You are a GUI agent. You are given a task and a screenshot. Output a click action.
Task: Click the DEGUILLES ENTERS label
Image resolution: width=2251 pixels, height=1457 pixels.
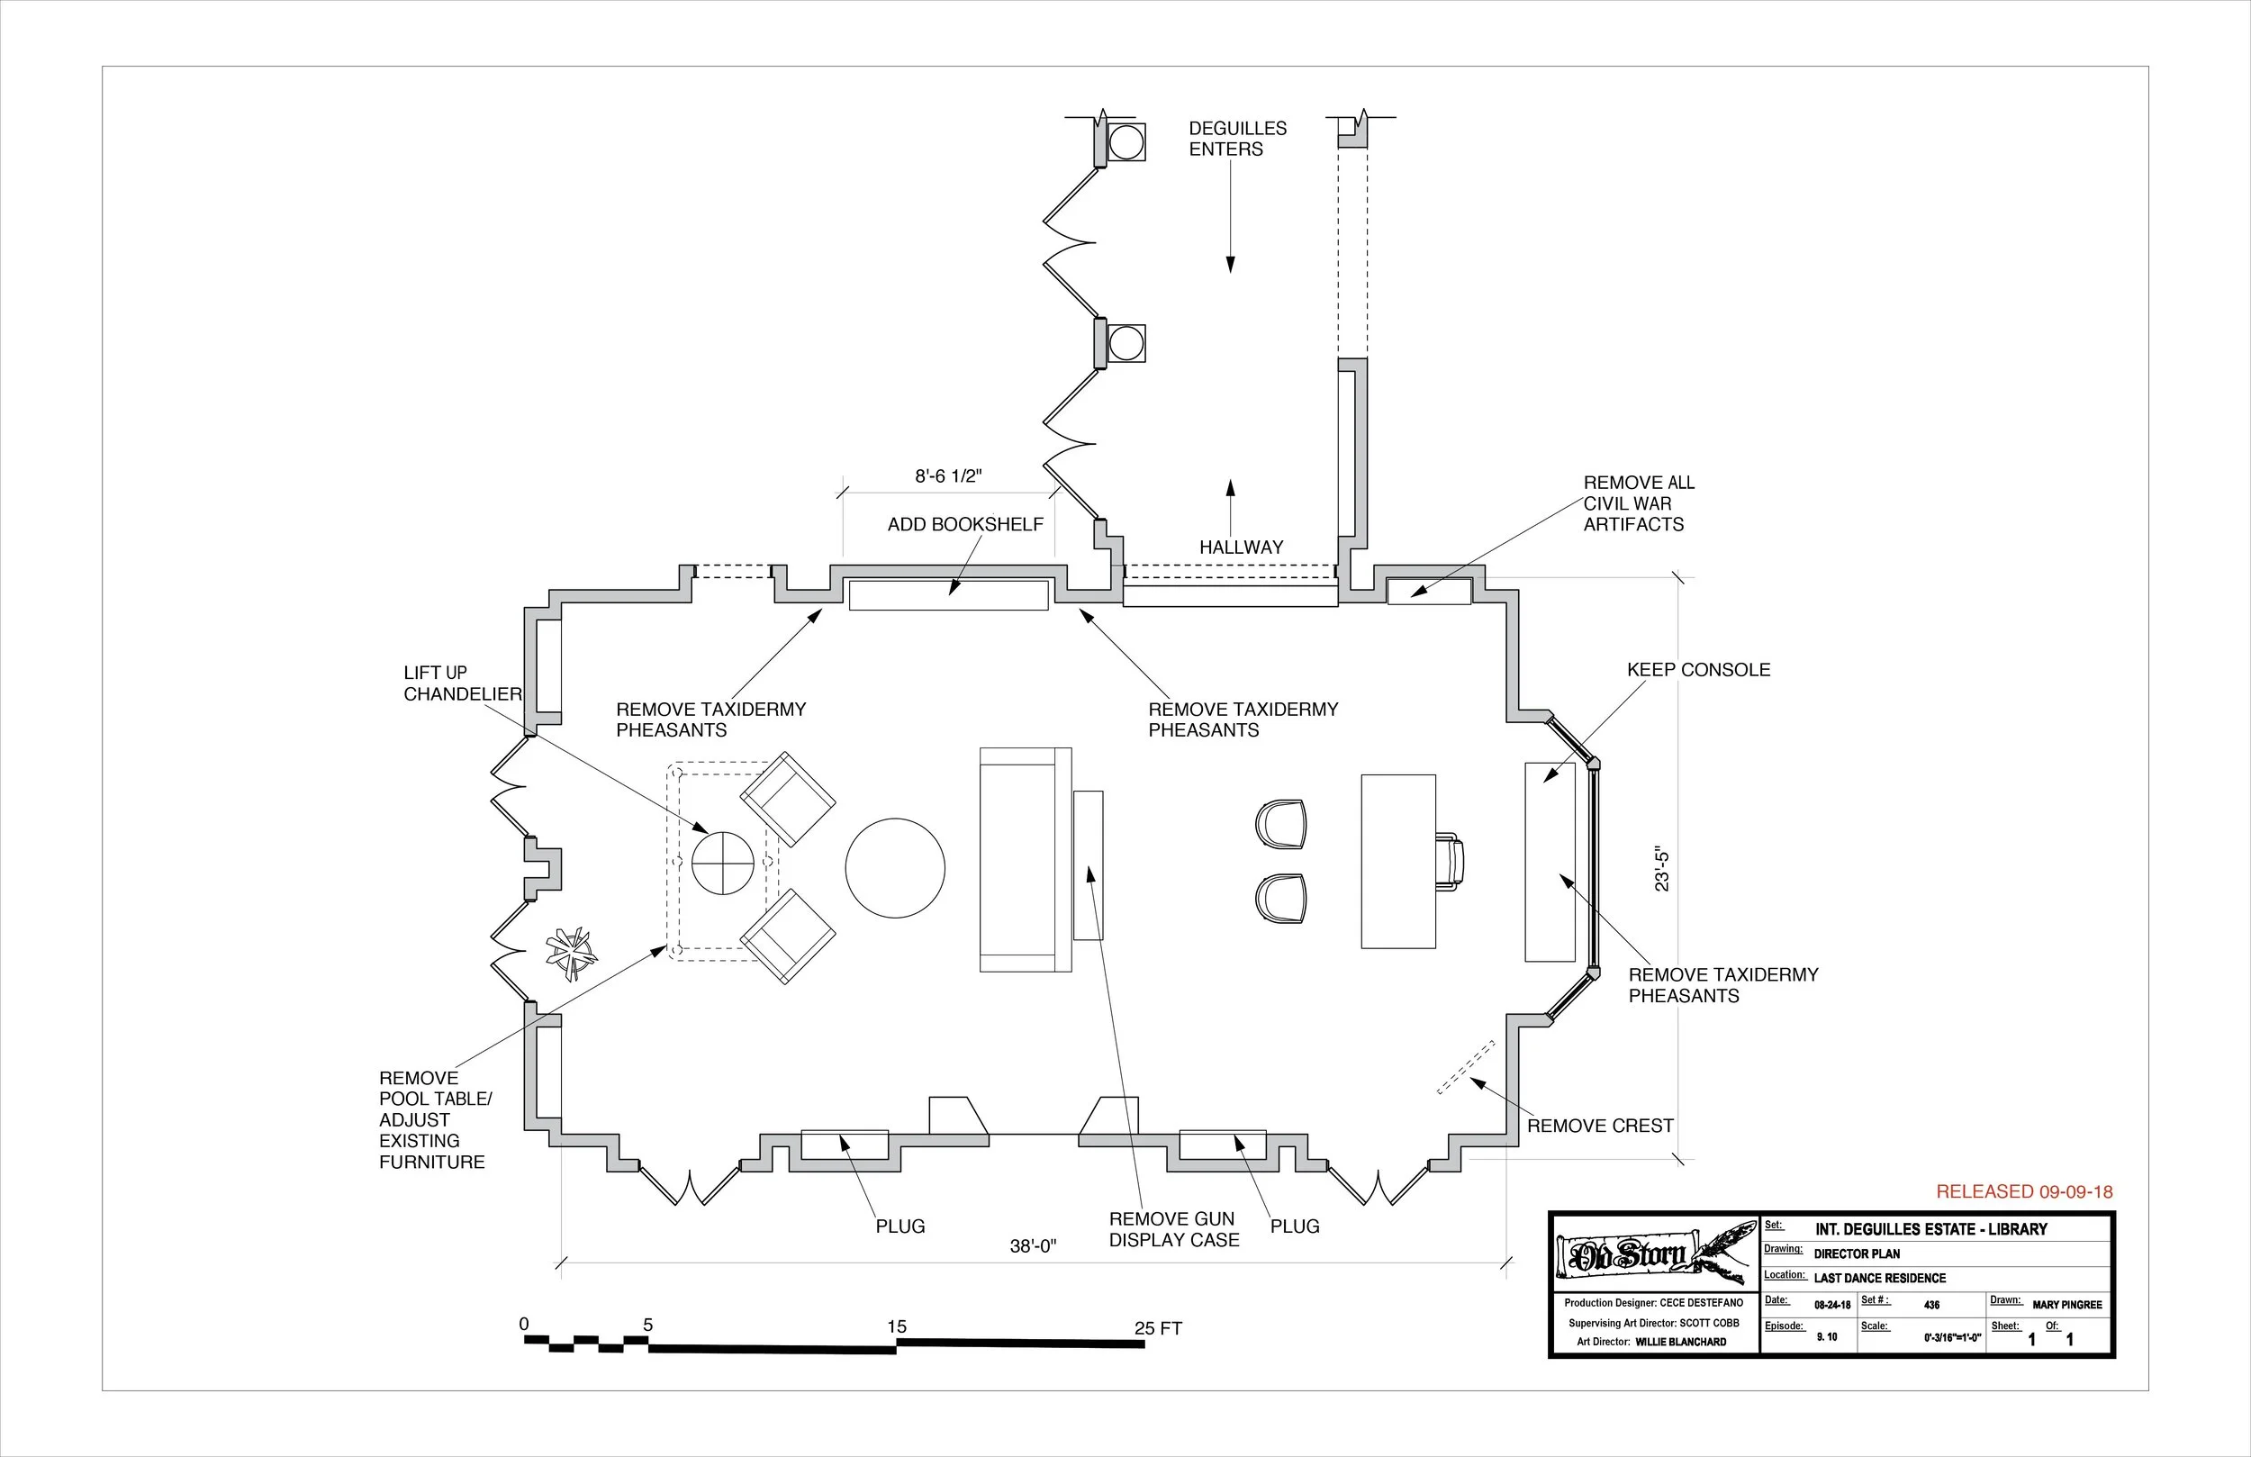1237,138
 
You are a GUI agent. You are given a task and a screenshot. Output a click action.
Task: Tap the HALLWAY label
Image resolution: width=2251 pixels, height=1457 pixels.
1241,547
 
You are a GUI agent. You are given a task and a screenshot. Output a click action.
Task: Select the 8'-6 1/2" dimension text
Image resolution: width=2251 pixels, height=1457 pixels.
948,475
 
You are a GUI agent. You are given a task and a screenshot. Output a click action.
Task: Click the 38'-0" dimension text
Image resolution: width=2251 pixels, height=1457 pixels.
1032,1246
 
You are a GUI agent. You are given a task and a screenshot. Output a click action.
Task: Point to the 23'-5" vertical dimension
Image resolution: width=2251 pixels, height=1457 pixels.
1662,871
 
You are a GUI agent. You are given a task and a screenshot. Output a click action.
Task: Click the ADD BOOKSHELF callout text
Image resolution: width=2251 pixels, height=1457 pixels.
964,524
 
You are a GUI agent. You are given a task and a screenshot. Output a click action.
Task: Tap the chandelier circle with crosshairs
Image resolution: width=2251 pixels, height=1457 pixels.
723,863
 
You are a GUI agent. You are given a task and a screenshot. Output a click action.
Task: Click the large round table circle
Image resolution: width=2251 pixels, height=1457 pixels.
895,868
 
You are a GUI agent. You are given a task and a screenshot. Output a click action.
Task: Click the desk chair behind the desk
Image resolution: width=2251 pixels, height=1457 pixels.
1449,861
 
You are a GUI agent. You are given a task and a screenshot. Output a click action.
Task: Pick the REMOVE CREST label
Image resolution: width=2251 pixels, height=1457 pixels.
1599,1126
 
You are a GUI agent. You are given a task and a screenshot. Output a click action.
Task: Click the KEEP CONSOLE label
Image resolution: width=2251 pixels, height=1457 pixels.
1698,670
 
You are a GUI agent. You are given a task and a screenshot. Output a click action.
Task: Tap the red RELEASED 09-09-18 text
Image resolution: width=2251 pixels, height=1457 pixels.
2024,1192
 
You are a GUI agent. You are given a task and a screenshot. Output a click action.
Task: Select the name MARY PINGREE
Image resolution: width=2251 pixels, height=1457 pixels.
2066,1305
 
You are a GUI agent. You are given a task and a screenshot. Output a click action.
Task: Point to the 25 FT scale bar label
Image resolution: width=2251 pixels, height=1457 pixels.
1158,1328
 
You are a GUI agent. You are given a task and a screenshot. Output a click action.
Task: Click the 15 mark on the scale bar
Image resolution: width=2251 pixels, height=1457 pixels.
897,1326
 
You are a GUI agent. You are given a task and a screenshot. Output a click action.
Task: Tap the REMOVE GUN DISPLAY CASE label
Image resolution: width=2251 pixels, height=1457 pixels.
1173,1229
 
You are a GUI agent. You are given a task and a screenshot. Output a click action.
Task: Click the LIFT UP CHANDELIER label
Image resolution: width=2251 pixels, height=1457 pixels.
462,683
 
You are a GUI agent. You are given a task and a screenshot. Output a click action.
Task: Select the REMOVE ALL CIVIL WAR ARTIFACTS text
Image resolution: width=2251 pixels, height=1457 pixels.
1638,503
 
